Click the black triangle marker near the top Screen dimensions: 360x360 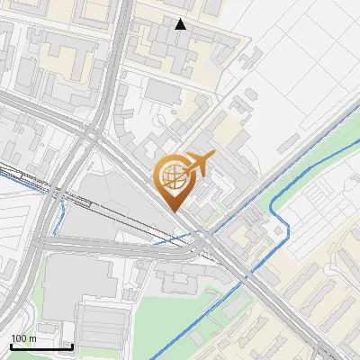181,24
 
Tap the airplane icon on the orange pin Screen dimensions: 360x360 197,163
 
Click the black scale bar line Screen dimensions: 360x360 40,347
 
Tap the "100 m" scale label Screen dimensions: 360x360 24,338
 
